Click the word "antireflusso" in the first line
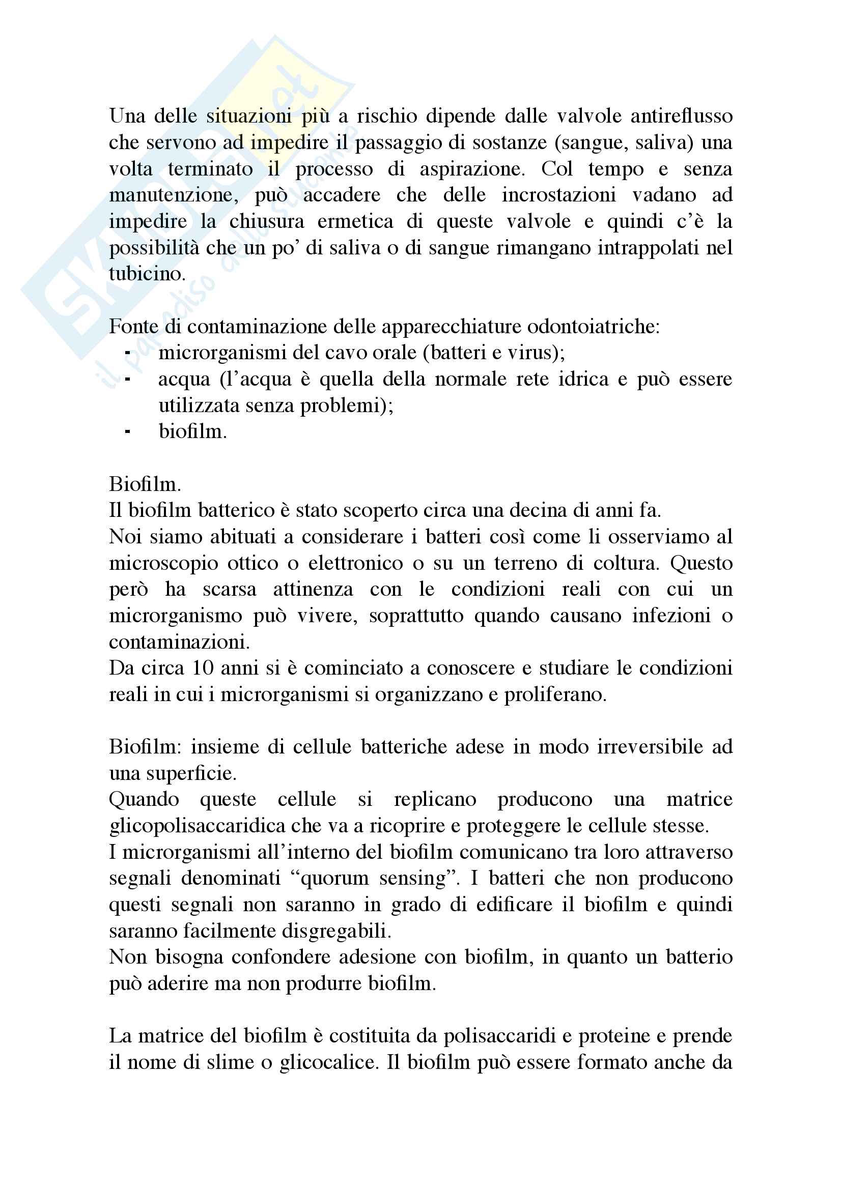pos(681,116)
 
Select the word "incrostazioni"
pos(558,195)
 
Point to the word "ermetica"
pos(362,222)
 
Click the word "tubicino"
pos(147,274)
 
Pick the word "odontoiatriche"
pos(593,327)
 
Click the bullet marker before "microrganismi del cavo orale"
pos(128,353)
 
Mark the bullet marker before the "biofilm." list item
pos(128,432)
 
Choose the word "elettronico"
pos(356,563)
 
